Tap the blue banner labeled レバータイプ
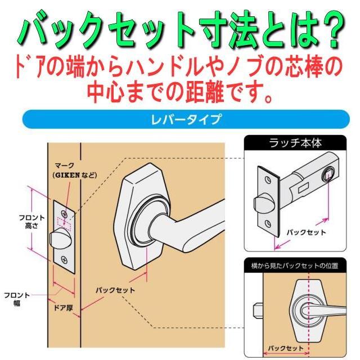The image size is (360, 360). pyautogui.click(x=180, y=120)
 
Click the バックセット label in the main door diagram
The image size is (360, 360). pyautogui.click(x=115, y=290)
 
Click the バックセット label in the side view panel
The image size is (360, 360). pyautogui.click(x=283, y=348)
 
